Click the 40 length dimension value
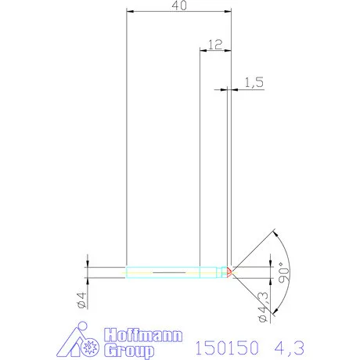[179, 5]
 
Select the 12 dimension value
[216, 45]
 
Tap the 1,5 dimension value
[254, 82]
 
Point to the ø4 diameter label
[80, 299]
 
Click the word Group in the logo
[130, 350]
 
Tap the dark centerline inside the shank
[168, 272]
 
